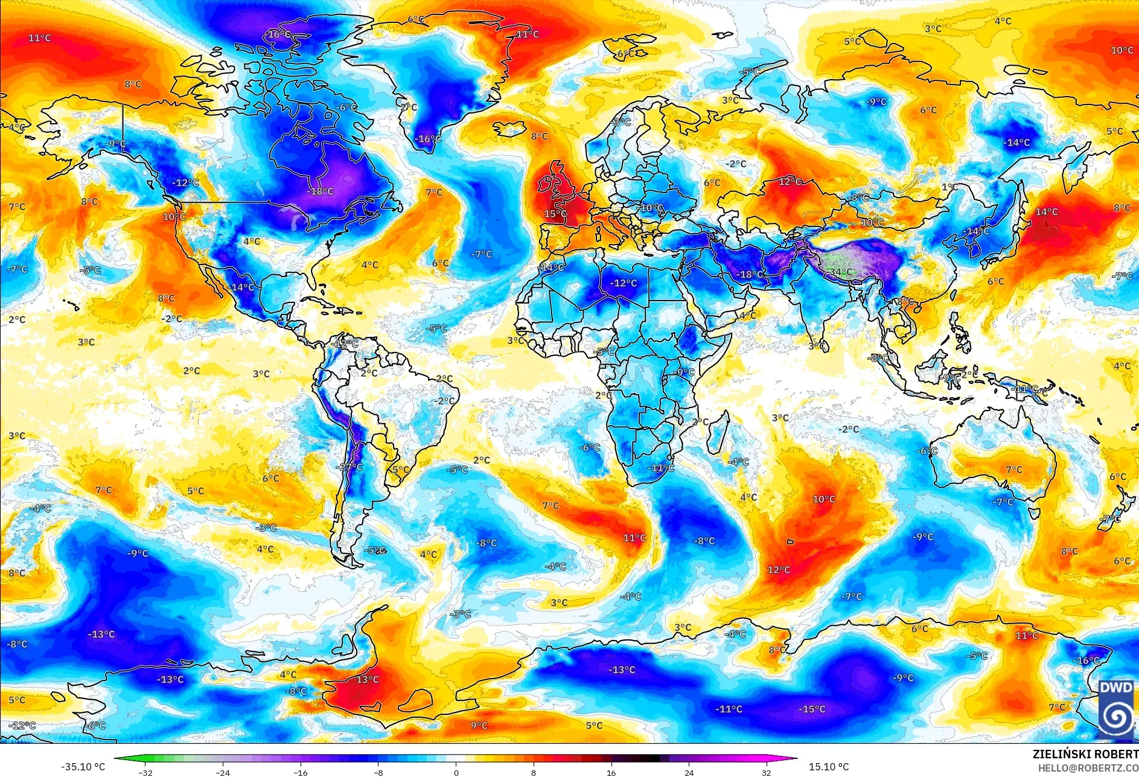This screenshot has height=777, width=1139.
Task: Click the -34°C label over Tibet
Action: coord(841,272)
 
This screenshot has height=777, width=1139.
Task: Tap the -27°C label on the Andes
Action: coord(350,467)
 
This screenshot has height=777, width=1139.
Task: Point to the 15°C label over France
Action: coord(555,214)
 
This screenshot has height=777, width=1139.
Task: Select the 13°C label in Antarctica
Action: coord(367,680)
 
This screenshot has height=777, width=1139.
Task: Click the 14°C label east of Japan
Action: coord(1047,212)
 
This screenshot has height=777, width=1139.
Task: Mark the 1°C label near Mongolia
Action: coord(949,187)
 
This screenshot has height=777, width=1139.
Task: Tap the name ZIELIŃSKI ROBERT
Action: coord(1085,754)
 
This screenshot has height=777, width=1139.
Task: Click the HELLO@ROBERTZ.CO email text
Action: coord(1088,768)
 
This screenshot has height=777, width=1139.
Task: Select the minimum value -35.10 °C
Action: coord(83,767)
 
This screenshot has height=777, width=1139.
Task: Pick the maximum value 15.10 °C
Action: coord(829,767)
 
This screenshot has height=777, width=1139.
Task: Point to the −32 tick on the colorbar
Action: coord(145,772)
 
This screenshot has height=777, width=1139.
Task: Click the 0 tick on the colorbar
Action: coord(456,772)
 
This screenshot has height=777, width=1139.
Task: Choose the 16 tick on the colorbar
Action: coord(611,772)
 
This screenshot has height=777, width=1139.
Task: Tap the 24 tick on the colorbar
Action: coord(689,772)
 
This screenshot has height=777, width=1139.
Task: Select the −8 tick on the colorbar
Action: coord(378,772)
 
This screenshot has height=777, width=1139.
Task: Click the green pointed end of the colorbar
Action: coord(118,759)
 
